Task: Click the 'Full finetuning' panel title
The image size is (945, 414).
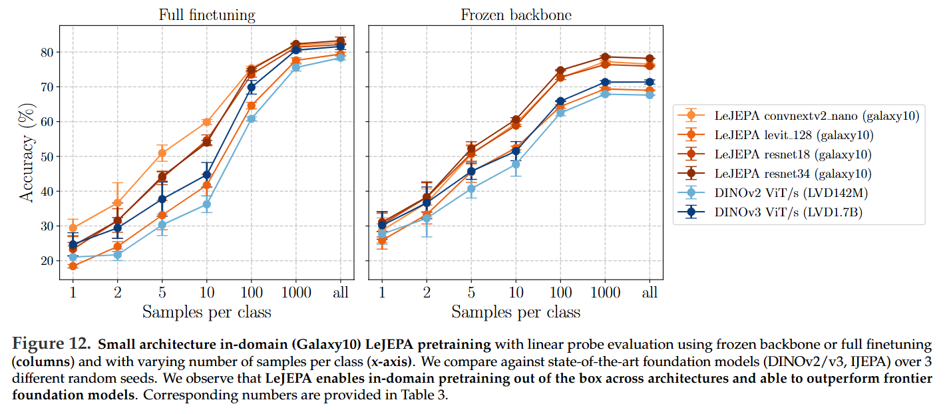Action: click(x=206, y=14)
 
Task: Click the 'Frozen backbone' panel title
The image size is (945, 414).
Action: click(x=516, y=14)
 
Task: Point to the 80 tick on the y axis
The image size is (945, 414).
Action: click(x=47, y=52)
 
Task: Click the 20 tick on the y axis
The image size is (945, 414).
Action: click(x=47, y=261)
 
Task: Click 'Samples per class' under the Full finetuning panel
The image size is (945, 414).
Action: click(x=206, y=311)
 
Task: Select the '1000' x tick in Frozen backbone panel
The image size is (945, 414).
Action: click(x=605, y=292)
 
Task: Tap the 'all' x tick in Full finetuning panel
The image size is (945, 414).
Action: click(x=341, y=292)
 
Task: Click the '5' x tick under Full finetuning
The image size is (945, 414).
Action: click(x=162, y=292)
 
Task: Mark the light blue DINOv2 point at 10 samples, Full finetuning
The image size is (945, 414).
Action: click(x=206, y=204)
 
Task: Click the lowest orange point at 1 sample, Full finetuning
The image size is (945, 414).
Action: click(x=73, y=266)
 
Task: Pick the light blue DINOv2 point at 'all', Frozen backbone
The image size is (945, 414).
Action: click(x=650, y=95)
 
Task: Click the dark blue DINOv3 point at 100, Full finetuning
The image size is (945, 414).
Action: click(x=252, y=87)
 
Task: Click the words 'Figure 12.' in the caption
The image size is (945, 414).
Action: click(x=51, y=345)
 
